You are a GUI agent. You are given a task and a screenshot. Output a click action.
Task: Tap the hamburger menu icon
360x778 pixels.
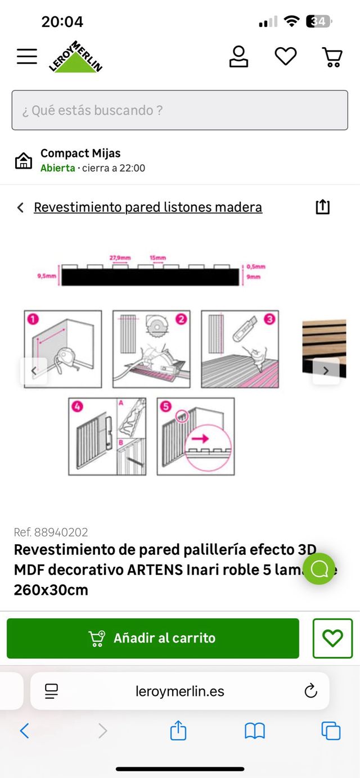click(26, 56)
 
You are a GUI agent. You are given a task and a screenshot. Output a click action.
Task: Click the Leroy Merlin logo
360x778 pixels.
click(75, 57)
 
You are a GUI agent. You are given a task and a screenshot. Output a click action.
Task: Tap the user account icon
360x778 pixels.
click(238, 56)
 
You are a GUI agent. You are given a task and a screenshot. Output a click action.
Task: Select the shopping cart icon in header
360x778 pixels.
click(332, 57)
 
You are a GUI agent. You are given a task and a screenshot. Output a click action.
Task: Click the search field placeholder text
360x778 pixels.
click(93, 110)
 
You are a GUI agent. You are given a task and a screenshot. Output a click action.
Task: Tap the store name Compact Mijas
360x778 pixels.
click(80, 153)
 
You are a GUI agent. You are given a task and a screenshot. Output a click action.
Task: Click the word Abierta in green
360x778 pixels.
click(57, 168)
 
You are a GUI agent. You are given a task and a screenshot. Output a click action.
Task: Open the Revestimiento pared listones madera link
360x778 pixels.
click(148, 207)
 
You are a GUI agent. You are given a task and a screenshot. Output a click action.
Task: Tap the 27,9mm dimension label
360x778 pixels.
click(120, 258)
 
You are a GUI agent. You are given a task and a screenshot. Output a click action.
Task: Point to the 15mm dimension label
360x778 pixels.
click(157, 258)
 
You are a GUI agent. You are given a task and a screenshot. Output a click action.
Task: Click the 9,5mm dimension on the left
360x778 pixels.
click(46, 276)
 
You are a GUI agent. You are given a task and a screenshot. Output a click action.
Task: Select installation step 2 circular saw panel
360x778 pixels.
click(151, 349)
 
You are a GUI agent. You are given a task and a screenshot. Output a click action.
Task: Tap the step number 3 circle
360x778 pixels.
click(269, 319)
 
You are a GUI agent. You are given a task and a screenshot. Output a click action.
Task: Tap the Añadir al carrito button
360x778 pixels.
click(153, 638)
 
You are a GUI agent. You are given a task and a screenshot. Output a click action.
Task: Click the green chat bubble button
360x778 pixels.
click(319, 569)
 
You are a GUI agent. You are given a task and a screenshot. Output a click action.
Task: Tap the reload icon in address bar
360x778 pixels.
click(310, 691)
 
